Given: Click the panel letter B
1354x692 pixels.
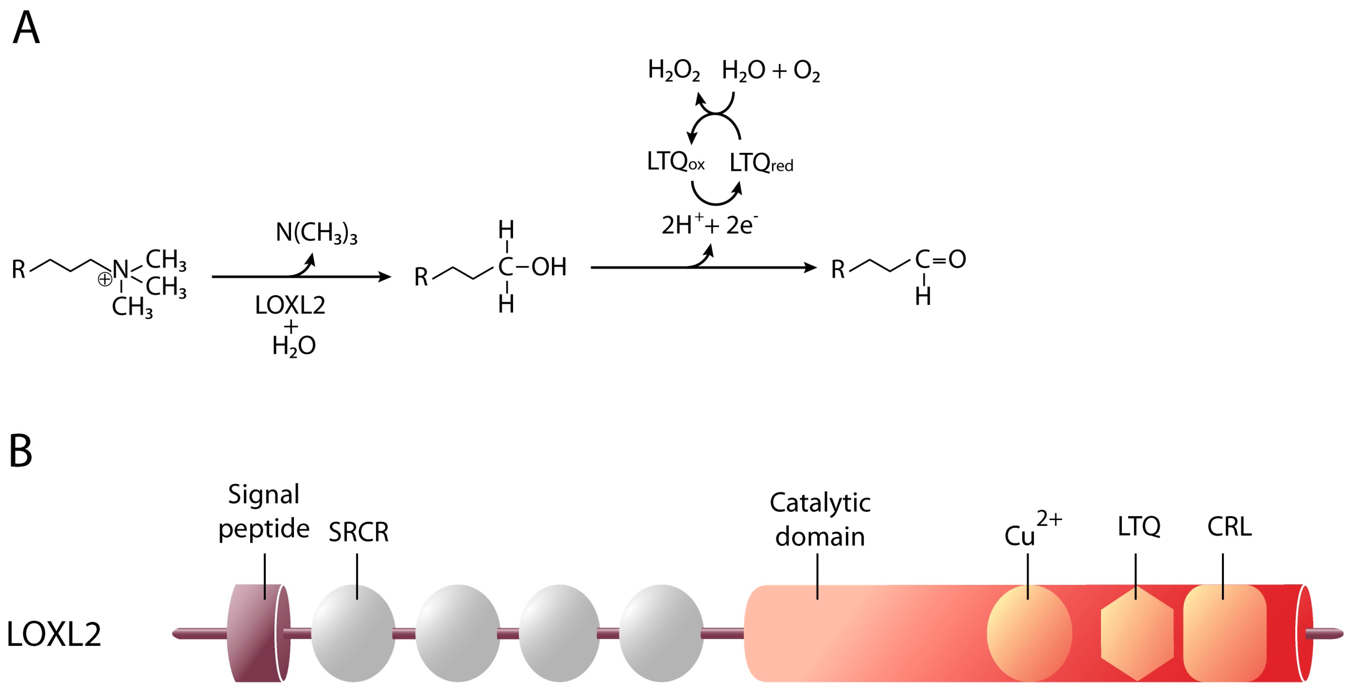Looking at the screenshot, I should [21, 451].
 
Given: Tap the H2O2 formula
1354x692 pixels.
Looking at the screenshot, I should [673, 71].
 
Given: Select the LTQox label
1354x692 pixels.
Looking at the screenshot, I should [675, 161].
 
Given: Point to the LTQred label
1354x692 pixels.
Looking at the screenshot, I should [761, 163].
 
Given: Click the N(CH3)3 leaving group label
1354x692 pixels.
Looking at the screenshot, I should [316, 232].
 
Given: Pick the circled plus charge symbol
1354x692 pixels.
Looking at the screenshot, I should [105, 279].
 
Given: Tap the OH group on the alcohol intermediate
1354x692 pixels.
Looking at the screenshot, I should [549, 267].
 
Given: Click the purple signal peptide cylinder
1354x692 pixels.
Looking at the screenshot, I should [258, 633].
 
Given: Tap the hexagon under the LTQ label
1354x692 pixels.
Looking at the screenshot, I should [1137, 634].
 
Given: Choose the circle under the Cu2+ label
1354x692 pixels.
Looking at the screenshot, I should [1029, 633].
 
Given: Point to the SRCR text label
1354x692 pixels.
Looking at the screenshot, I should [359, 532].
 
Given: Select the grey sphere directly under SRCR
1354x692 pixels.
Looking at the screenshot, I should [353, 633].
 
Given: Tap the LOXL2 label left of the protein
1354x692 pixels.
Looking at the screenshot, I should [54, 634].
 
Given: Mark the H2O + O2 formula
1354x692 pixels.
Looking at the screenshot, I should [771, 71].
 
